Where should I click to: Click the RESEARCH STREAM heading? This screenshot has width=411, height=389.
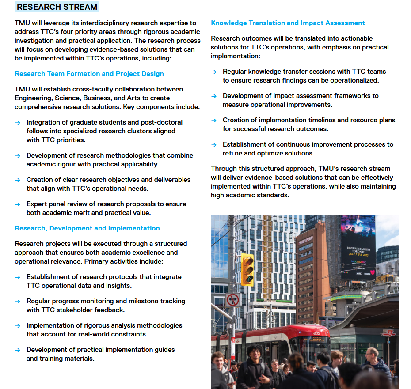(57, 7)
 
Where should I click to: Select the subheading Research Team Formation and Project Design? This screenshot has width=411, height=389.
(89, 74)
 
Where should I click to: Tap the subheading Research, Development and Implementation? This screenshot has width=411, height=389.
(87, 228)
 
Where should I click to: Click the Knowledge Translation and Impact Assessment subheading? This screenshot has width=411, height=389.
(288, 23)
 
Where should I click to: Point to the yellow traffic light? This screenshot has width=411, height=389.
(247, 269)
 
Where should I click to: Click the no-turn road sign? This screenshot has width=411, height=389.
(232, 300)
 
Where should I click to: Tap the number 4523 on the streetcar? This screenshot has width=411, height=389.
(316, 333)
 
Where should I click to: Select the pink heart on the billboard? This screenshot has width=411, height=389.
(372, 272)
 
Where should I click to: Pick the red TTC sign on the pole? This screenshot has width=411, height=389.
(388, 333)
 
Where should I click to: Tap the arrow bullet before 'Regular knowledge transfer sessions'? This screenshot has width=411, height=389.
(213, 72)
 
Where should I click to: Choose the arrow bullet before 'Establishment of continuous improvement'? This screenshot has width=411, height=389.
(213, 144)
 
